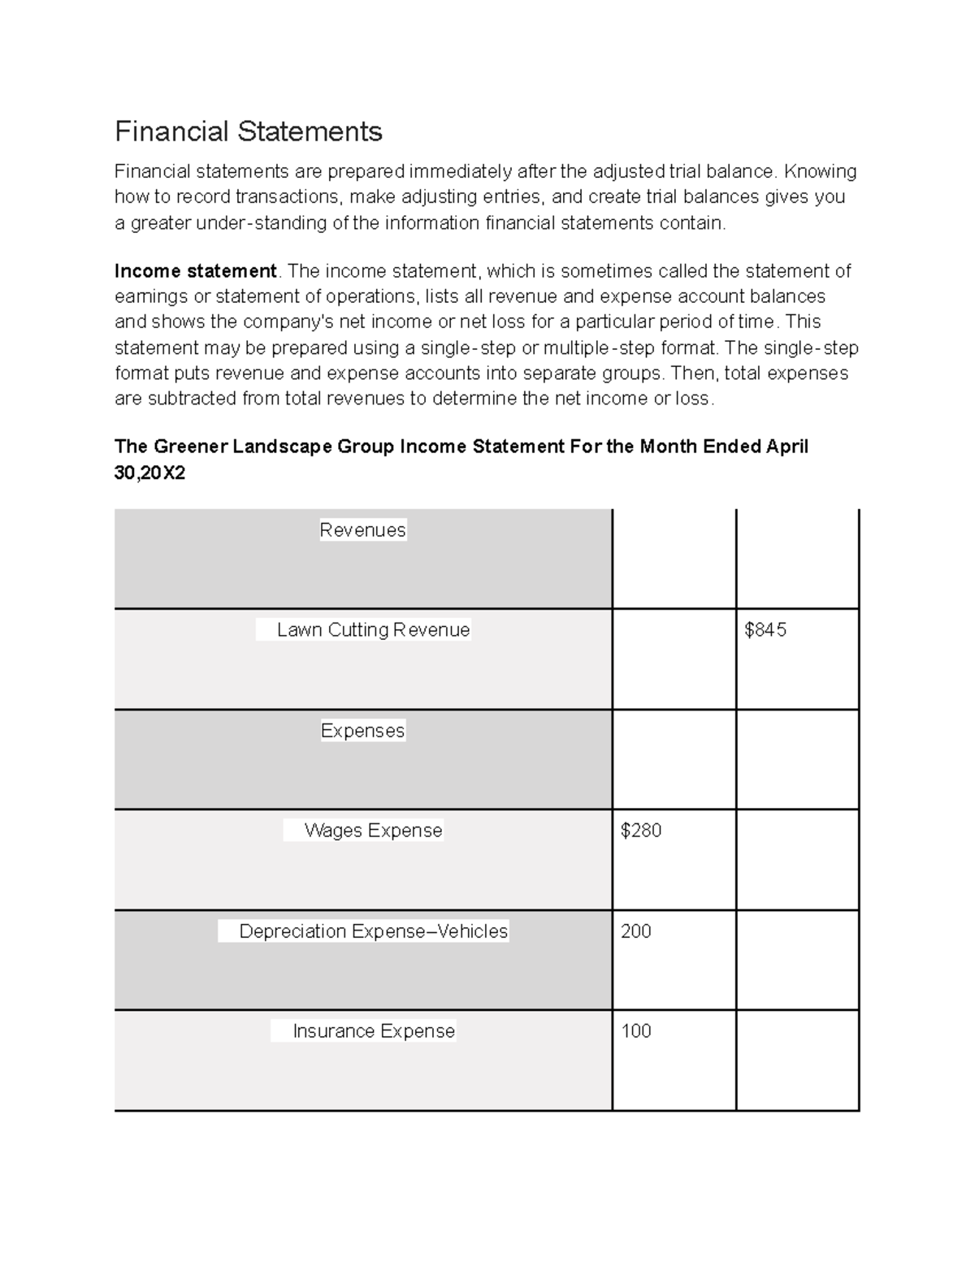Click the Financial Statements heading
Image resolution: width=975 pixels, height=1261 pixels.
click(248, 132)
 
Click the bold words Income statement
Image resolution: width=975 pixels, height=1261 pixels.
click(195, 271)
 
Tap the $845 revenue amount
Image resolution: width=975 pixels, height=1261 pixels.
click(765, 630)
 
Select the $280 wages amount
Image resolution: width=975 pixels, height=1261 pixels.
click(640, 831)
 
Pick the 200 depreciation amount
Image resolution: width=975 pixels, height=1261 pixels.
click(635, 931)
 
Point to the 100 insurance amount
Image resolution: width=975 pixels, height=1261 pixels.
click(635, 1031)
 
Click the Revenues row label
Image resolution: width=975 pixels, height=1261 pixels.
click(362, 530)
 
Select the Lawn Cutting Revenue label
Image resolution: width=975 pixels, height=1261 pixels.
click(373, 630)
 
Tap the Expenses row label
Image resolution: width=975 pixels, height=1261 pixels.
click(362, 731)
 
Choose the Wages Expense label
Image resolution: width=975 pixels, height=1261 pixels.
click(373, 831)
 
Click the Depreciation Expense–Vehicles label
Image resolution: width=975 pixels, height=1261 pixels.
click(373, 931)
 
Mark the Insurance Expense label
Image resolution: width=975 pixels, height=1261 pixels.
click(373, 1031)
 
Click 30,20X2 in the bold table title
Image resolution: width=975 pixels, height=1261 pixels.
click(149, 473)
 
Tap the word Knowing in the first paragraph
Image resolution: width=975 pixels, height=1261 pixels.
click(820, 171)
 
